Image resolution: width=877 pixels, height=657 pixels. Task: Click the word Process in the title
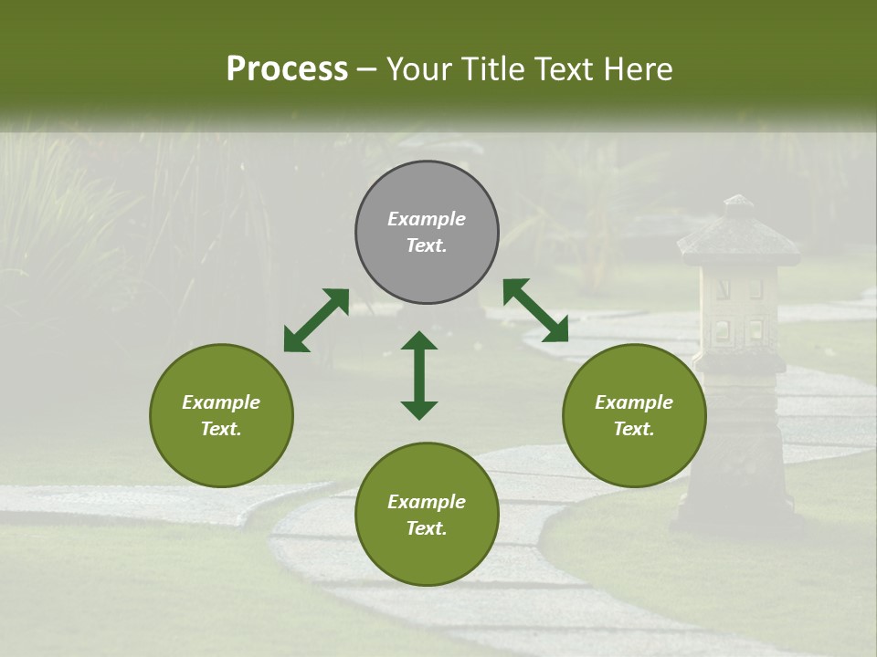(287, 69)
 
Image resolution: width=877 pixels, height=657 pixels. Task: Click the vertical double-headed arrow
(419, 375)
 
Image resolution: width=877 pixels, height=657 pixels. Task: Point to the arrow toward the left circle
(316, 320)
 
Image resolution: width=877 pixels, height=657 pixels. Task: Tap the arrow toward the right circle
(535, 310)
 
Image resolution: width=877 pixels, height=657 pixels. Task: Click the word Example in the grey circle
(427, 219)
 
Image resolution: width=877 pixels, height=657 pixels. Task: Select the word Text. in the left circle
(221, 429)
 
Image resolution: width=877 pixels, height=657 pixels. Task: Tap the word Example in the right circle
(634, 402)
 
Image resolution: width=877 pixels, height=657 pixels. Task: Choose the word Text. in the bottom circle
(427, 528)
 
